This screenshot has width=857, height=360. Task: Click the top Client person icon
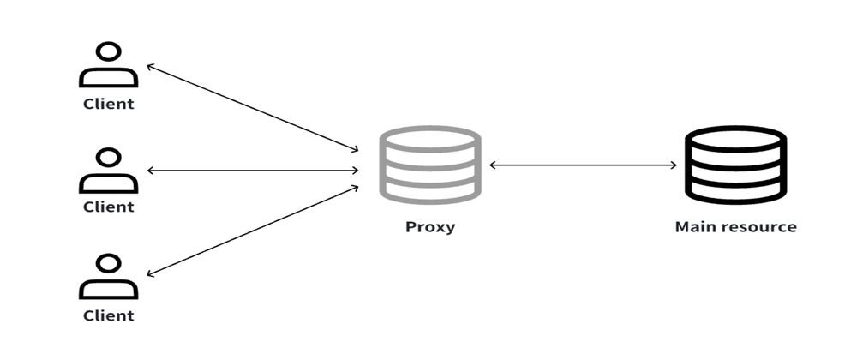click(108, 67)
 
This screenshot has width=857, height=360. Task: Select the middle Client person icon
click(108, 171)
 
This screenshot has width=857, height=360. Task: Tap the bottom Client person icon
click(108, 276)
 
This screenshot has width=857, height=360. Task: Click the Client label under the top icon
click(108, 104)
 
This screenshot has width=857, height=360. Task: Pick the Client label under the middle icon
click(108, 207)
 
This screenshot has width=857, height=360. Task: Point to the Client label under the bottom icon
click(108, 315)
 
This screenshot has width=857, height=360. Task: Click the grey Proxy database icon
click(429, 165)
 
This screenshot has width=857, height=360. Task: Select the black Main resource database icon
click(734, 165)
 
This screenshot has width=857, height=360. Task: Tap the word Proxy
click(429, 228)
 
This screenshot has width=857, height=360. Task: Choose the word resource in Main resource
click(757, 227)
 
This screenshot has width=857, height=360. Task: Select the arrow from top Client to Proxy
click(253, 107)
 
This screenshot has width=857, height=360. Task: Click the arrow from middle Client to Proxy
click(253, 171)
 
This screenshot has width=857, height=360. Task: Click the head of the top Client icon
click(108, 52)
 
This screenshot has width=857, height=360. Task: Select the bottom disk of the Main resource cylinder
click(734, 191)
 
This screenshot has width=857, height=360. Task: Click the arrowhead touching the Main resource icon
click(674, 165)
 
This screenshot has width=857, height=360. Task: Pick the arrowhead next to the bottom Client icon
click(152, 273)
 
